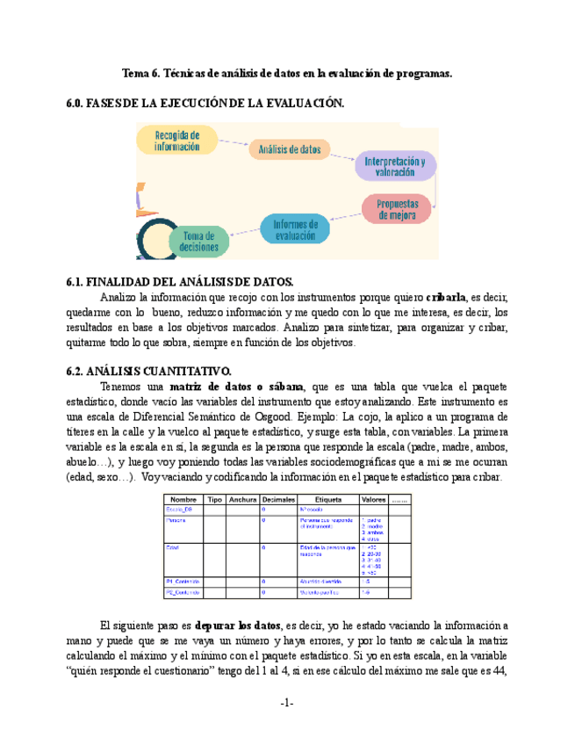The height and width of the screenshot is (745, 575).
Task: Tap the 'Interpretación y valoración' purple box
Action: click(x=395, y=167)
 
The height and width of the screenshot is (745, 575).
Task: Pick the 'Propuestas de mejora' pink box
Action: click(x=397, y=208)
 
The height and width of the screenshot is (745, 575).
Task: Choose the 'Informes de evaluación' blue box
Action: click(x=295, y=229)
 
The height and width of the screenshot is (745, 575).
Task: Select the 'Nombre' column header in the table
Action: click(x=183, y=499)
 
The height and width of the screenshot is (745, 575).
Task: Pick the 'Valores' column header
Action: click(x=374, y=499)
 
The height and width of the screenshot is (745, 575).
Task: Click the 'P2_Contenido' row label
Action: click(x=183, y=593)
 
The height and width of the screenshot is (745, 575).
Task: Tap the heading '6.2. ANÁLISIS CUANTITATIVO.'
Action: click(x=148, y=370)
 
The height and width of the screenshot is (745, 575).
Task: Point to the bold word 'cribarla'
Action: click(x=447, y=296)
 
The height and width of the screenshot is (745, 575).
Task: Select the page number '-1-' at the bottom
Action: click(x=287, y=703)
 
